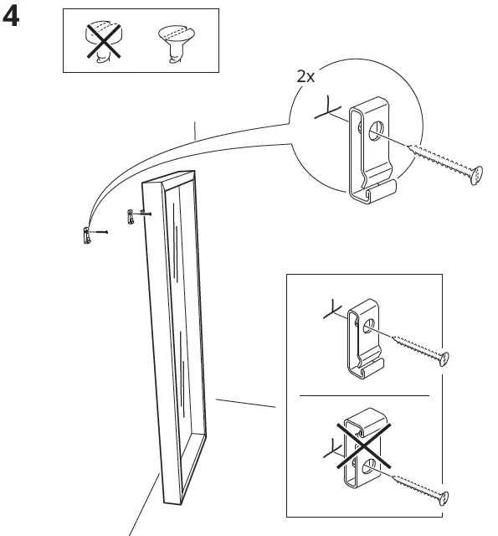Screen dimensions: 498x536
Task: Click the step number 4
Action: click(11, 18)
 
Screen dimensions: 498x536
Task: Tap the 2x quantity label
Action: click(305, 76)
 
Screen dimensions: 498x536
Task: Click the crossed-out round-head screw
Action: click(104, 41)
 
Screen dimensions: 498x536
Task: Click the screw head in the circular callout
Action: click(476, 176)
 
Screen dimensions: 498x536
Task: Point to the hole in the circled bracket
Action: click(376, 131)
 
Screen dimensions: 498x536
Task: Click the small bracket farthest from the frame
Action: click(87, 235)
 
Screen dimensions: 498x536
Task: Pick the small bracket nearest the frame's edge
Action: click(130, 217)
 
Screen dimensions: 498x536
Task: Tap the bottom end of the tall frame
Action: click(172, 502)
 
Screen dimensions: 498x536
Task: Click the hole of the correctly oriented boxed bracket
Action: click(368, 326)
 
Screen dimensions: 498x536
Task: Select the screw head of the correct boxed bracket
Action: click(444, 359)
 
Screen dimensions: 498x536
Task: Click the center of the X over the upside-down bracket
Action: click(364, 446)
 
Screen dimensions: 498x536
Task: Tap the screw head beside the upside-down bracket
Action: click(444, 499)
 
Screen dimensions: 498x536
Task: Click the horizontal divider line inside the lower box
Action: click(364, 395)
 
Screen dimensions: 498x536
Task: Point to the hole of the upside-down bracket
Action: click(368, 466)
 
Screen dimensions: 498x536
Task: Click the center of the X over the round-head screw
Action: click(104, 40)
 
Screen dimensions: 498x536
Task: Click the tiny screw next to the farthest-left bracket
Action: click(100, 232)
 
